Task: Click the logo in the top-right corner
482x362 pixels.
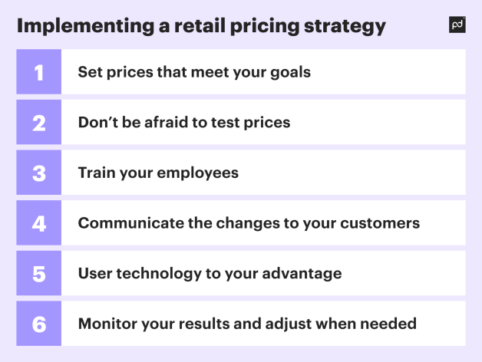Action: (457, 25)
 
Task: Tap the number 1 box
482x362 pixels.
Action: (38, 72)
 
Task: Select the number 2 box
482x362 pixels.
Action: (38, 123)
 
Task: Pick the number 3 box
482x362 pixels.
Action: (38, 173)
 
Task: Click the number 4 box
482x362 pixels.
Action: (38, 223)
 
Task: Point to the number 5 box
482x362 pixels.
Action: (38, 273)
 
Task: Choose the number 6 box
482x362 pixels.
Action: (38, 324)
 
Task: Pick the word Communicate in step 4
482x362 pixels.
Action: (130, 223)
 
